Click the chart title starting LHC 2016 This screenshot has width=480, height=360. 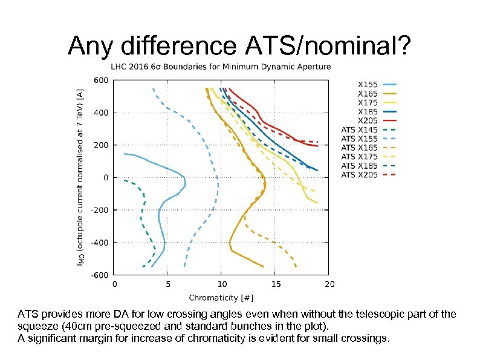coord(221,67)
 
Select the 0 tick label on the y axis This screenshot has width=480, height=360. coord(105,178)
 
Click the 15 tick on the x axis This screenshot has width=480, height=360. coord(275,283)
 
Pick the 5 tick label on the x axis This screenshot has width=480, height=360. coord(167,283)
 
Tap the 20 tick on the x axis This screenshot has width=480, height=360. coord(329,283)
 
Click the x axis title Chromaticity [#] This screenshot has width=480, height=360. coord(221,297)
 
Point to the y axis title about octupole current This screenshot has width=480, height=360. coord(80,177)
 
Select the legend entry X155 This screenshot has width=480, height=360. coord(368,85)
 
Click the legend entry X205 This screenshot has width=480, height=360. coord(368,120)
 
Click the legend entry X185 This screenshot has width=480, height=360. coord(368,111)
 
